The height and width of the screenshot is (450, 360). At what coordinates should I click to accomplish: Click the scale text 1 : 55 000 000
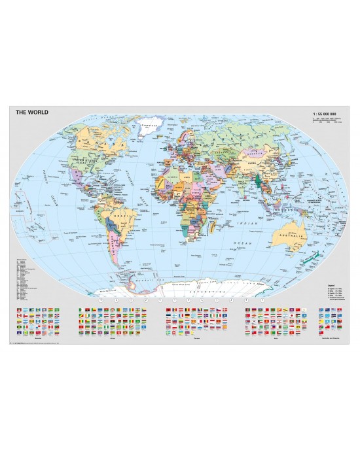[x=325, y=113]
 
